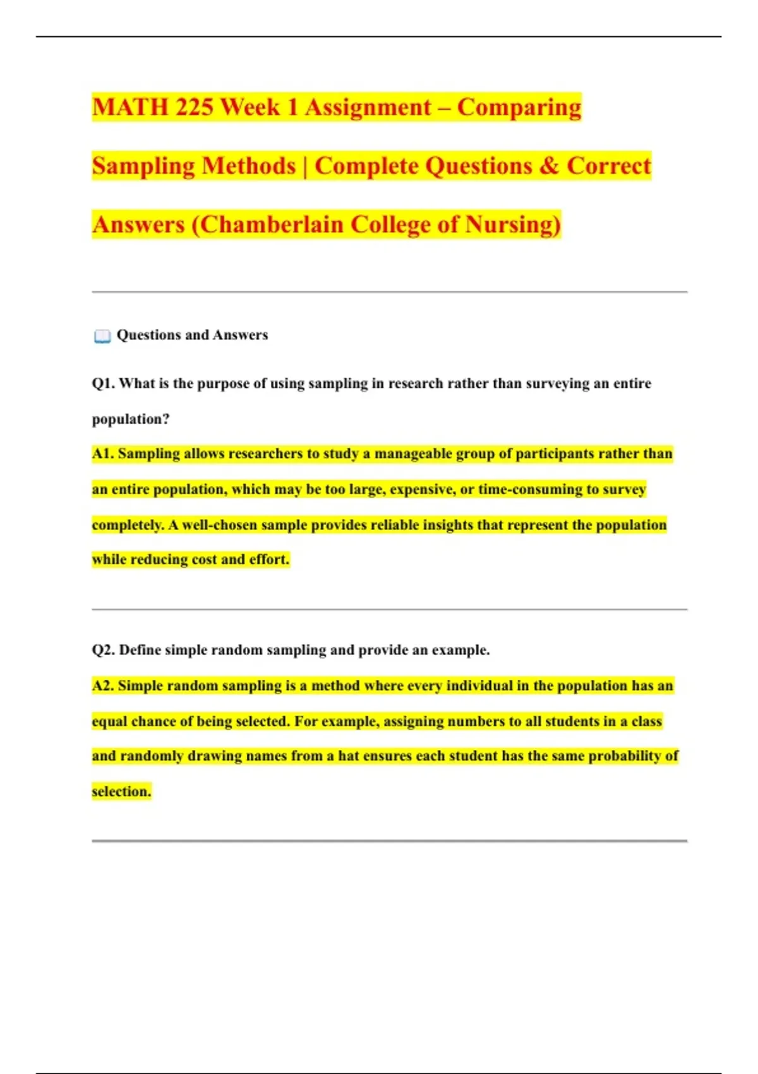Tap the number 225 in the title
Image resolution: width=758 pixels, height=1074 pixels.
tap(194, 107)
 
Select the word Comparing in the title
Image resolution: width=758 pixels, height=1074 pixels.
tap(519, 107)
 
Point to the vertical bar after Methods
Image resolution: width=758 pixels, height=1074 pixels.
tap(305, 166)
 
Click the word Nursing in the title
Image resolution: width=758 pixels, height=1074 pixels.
tap(512, 225)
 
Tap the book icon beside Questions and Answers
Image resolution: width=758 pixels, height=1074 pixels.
tap(102, 336)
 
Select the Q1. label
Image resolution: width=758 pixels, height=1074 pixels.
tap(103, 383)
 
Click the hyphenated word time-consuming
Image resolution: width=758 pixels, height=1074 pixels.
tap(530, 489)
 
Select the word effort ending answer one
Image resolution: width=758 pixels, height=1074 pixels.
tap(268, 559)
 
